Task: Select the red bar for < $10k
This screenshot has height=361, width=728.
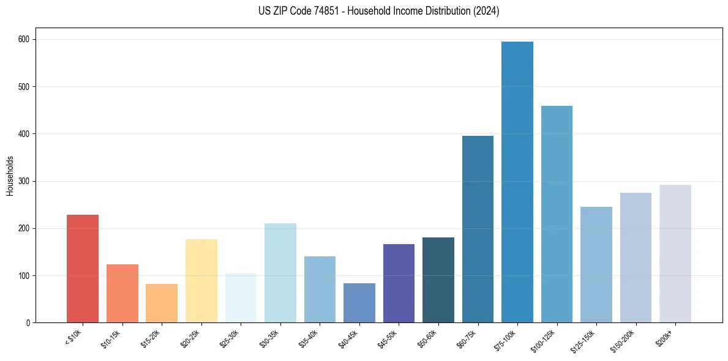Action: (83, 269)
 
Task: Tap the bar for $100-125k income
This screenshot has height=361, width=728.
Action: (557, 214)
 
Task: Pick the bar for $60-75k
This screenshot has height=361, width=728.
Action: (478, 229)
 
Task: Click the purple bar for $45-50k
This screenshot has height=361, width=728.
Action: (399, 283)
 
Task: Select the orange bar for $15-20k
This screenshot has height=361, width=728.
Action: (162, 303)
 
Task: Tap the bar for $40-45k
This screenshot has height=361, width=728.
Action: (359, 303)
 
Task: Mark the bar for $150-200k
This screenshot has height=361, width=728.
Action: (636, 258)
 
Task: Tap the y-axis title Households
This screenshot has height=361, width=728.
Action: (10, 176)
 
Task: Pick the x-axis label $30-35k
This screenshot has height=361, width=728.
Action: (269, 338)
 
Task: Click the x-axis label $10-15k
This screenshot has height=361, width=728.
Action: (111, 338)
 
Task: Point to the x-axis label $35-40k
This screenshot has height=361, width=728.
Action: (309, 338)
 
